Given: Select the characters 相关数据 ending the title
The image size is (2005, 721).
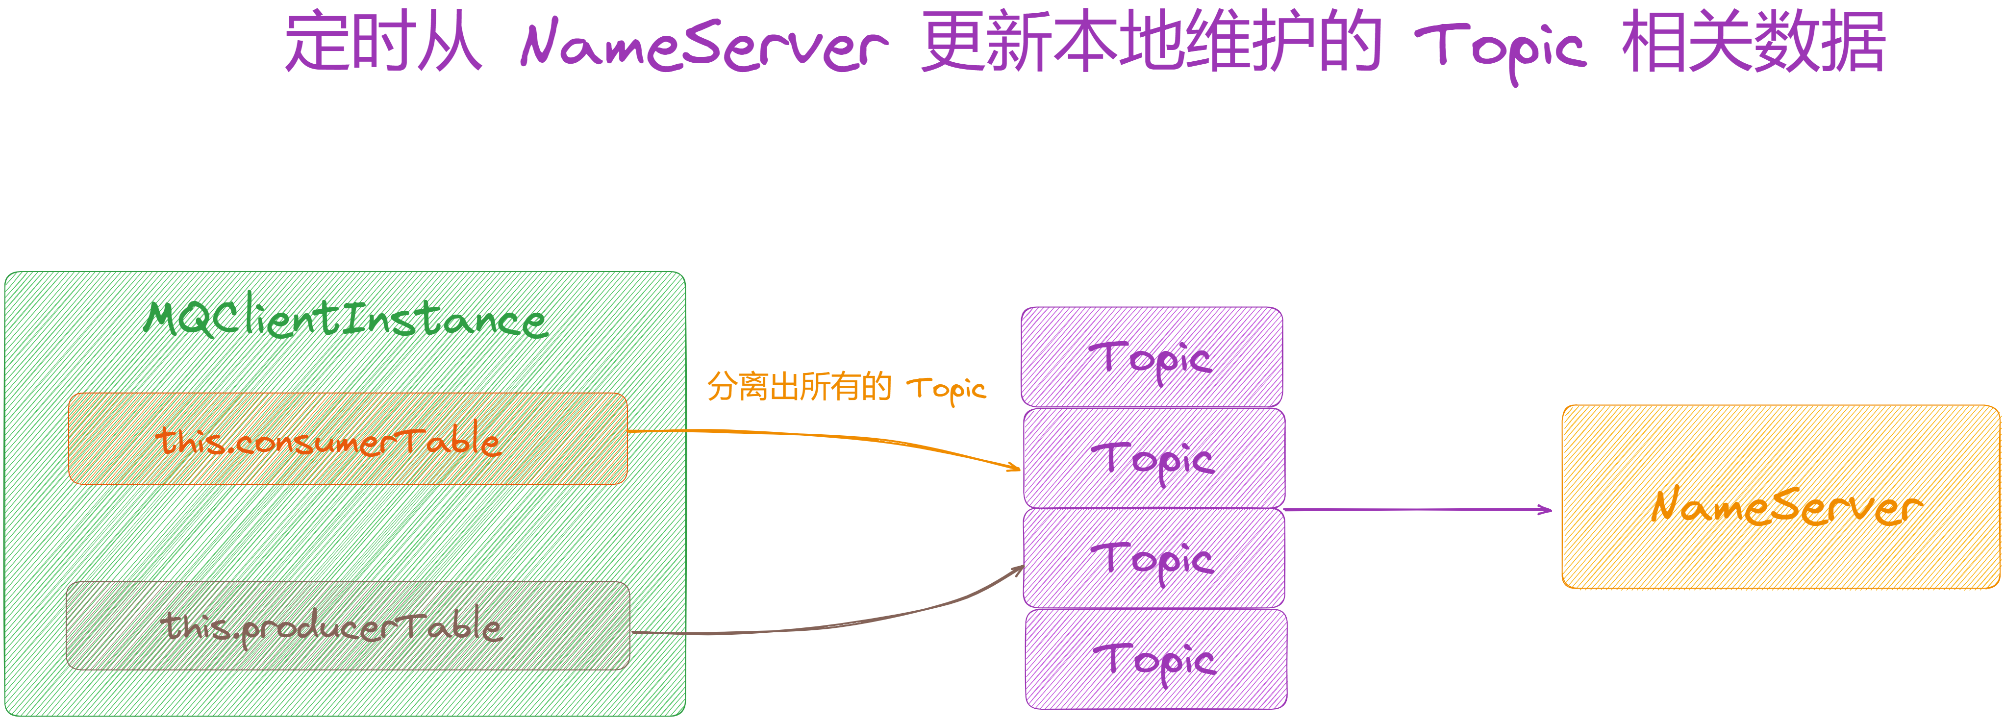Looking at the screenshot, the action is click(1753, 42).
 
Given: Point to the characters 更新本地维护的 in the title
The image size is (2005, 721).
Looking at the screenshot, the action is click(1151, 42).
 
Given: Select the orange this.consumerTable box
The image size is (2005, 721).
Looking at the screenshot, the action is click(348, 438).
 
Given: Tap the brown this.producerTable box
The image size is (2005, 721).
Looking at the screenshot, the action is click(348, 625).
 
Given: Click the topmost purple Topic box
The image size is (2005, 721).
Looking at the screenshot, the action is click(1152, 357).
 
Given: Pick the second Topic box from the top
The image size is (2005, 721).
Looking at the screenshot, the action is click(1154, 458).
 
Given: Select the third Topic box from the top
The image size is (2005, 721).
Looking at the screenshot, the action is click(1154, 558).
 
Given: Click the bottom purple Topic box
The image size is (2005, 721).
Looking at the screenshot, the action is click(1156, 659).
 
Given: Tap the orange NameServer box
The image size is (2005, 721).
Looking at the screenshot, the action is click(1781, 497).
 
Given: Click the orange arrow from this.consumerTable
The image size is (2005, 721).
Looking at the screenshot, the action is click(825, 436).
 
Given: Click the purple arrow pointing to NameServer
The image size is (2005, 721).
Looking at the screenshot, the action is click(1417, 510).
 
